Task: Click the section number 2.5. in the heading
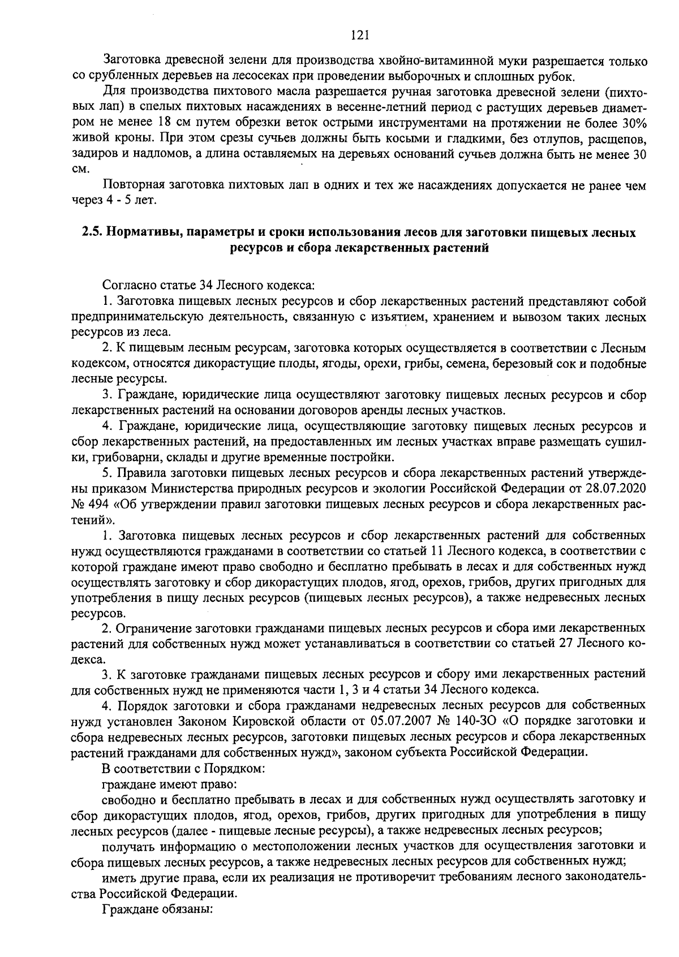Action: click(x=91, y=233)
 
